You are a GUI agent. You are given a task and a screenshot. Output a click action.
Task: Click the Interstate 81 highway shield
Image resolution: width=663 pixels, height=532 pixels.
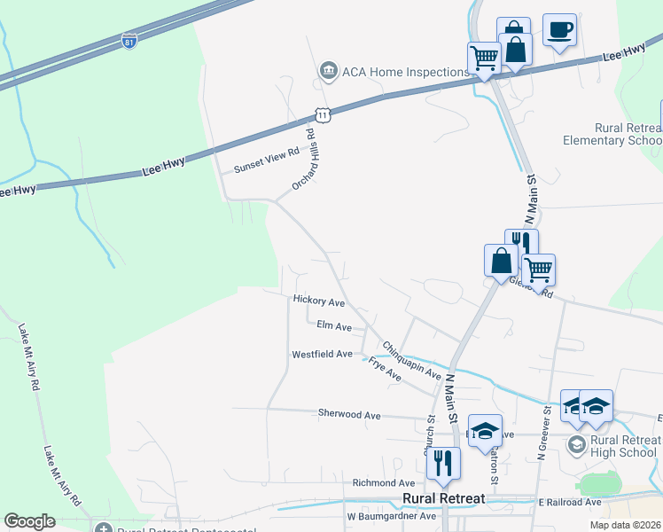pyautogui.click(x=129, y=40)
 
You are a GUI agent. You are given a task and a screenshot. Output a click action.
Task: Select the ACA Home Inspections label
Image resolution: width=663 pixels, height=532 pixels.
pyautogui.click(x=393, y=71)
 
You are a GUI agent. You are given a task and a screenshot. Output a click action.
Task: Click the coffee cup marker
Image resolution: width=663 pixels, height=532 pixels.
pyautogui.click(x=559, y=30)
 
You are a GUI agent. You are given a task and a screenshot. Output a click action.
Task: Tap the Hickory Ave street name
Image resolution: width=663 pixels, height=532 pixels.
pyautogui.click(x=318, y=301)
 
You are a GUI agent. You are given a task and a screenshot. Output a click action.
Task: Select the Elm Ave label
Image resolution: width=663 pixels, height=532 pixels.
pyautogui.click(x=334, y=326)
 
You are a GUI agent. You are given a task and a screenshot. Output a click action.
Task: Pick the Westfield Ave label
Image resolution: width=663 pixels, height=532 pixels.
pyautogui.click(x=323, y=354)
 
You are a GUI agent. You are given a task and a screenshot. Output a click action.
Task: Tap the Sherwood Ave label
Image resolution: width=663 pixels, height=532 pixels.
pyautogui.click(x=349, y=414)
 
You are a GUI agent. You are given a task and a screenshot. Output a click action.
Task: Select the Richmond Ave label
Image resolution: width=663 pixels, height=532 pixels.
pyautogui.click(x=384, y=482)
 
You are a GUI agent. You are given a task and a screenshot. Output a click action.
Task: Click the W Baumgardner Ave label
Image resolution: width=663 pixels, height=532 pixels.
pyautogui.click(x=391, y=515)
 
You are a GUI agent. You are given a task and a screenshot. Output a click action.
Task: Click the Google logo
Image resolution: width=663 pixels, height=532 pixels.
pyautogui.click(x=30, y=521)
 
